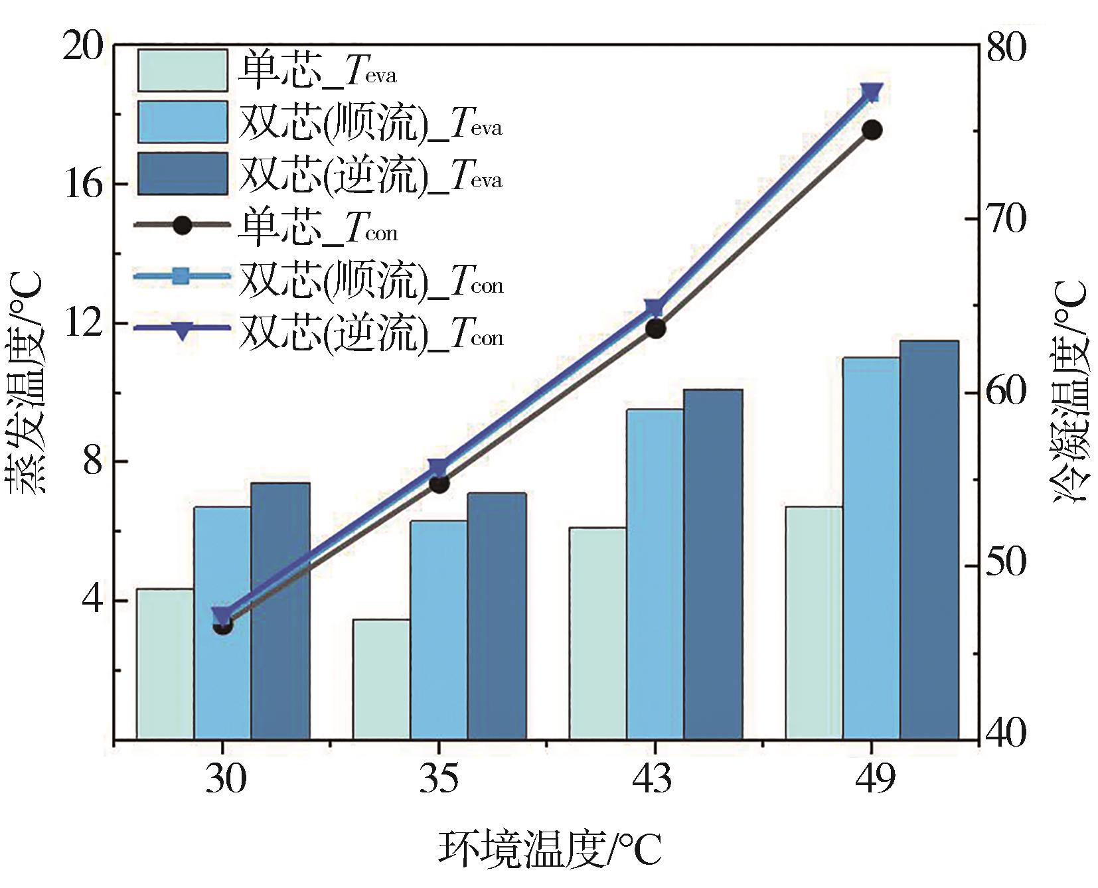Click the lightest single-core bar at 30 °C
point(165,664)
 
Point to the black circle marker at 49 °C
point(872,130)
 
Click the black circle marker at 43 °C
point(655,329)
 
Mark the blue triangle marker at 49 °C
point(872,92)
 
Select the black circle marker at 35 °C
point(439,483)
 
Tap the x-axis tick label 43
point(655,779)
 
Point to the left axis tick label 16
point(83,185)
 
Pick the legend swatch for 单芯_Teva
point(182,70)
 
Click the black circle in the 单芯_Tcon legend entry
point(182,225)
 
